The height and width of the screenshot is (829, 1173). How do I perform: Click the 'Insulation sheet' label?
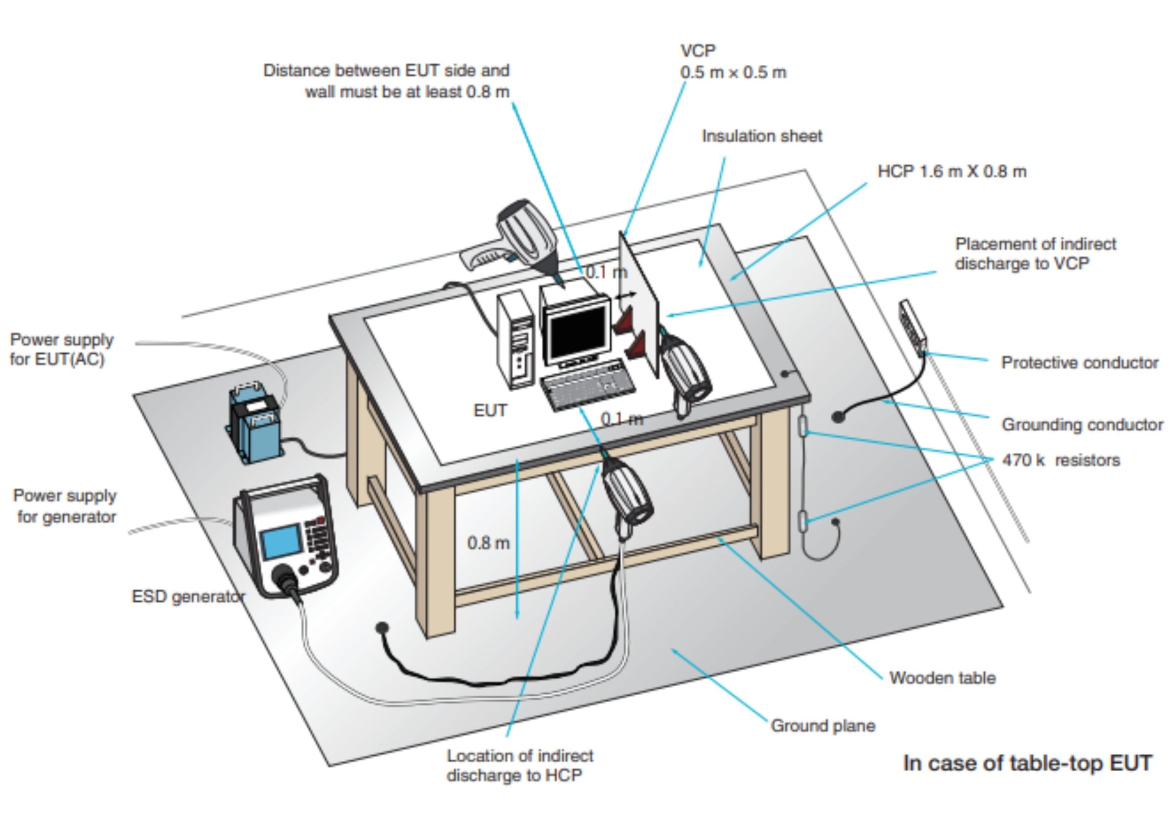pyautogui.click(x=761, y=137)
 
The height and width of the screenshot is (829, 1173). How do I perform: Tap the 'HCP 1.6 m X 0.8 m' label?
pyautogui.click(x=952, y=172)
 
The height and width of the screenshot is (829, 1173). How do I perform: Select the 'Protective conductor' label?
pyautogui.click(x=1080, y=363)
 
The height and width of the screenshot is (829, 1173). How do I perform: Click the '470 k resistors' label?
pyautogui.click(x=1061, y=461)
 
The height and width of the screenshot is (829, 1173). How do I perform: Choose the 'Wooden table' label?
pyautogui.click(x=942, y=678)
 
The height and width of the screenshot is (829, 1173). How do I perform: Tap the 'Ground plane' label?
pyautogui.click(x=822, y=726)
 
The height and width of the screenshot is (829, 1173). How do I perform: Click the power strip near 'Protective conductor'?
pyautogui.click(x=912, y=327)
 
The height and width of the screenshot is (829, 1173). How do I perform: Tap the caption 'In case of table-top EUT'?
pyautogui.click(x=1027, y=763)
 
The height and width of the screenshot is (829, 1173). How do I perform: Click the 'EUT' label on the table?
pyautogui.click(x=490, y=411)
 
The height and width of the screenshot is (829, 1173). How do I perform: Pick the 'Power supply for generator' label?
pyautogui.click(x=65, y=506)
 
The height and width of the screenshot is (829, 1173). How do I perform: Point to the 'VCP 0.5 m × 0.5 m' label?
pyautogui.click(x=733, y=62)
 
